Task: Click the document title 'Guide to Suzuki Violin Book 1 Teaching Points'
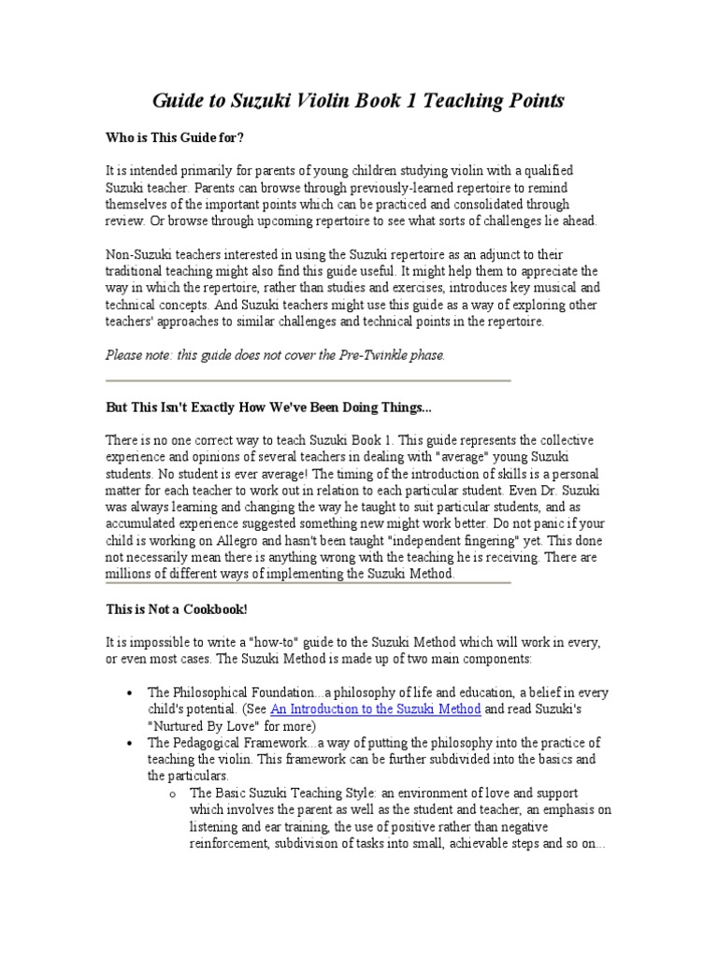point(359,100)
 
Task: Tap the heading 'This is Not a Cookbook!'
point(177,608)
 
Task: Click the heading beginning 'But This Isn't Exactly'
point(268,408)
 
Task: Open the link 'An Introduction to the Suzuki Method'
point(376,709)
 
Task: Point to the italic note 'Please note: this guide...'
point(275,355)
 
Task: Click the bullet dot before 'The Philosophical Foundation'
point(127,693)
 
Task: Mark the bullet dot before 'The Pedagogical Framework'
point(127,743)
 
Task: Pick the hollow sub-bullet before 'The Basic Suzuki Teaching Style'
point(172,793)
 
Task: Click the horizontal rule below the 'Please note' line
point(308,380)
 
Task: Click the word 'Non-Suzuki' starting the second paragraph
point(137,255)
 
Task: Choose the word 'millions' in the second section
point(130,574)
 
